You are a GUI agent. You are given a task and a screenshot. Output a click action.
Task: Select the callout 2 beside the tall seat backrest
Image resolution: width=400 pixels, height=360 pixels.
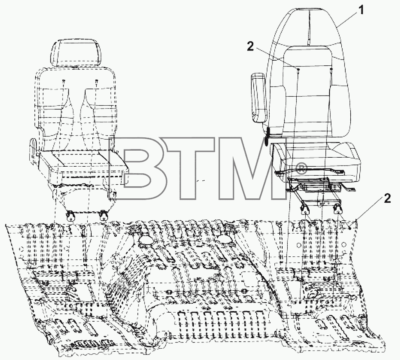click(250, 46)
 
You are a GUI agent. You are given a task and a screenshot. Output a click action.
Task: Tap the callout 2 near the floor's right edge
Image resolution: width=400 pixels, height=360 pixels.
click(387, 198)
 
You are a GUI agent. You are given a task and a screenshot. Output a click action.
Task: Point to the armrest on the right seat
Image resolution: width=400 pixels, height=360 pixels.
click(258, 98)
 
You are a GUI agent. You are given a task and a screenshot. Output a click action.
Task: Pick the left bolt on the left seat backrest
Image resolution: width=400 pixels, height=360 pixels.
click(64, 81)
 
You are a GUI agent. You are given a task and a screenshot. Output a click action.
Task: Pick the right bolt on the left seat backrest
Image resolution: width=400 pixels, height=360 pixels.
click(96, 81)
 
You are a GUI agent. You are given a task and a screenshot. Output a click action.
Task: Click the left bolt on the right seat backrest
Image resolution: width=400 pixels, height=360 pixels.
click(298, 69)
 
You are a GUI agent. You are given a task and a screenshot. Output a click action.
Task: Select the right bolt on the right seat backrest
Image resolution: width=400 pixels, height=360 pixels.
click(331, 69)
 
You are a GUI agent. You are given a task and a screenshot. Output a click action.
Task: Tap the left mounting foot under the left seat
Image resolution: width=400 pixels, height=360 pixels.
click(70, 217)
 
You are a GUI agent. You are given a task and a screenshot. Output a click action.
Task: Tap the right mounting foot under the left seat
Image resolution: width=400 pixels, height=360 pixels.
click(104, 216)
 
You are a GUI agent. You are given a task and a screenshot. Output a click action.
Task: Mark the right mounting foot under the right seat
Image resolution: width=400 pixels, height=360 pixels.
click(337, 210)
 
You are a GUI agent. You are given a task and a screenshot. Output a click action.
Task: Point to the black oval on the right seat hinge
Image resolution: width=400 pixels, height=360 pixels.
click(267, 137)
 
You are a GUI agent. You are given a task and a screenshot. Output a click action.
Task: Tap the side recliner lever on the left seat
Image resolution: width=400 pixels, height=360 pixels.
click(33, 149)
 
